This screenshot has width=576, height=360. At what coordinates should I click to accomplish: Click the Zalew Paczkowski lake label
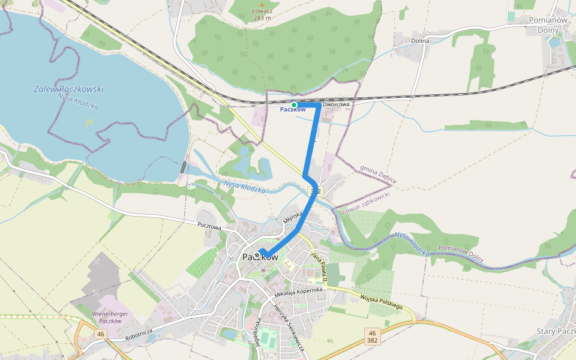click(68, 89)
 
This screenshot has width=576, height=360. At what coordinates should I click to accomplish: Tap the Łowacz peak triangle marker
click(262, 4)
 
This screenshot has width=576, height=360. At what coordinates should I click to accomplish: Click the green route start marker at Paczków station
click(294, 104)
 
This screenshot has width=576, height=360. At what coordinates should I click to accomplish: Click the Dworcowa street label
click(336, 104)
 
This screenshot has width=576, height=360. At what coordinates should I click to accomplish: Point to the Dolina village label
click(420, 41)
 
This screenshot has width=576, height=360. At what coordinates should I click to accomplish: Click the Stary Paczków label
click(555, 332)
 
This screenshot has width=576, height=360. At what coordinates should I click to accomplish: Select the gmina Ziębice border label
click(378, 175)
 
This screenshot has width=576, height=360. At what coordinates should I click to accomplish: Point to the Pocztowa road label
click(209, 227)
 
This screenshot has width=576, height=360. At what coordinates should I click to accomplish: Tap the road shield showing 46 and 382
click(373, 336)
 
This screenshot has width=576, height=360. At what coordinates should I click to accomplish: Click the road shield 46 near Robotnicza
click(100, 334)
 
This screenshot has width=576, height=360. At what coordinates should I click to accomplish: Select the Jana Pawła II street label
click(318, 267)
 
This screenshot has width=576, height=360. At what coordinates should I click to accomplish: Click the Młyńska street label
click(291, 222)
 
